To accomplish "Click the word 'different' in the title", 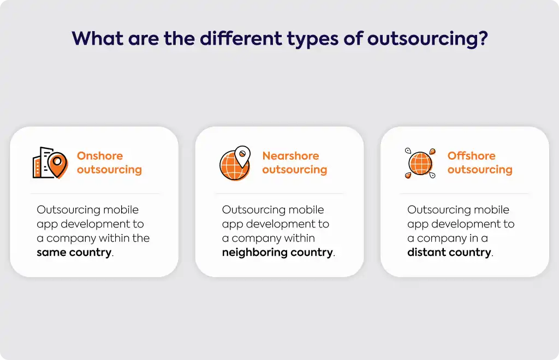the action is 241,38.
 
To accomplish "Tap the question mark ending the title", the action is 483,38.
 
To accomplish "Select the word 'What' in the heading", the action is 97,38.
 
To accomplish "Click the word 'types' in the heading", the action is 313,40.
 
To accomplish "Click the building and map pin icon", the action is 50,163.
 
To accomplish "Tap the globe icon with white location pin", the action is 235,163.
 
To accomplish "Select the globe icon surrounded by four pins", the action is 420,163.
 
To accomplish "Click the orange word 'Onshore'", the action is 100,155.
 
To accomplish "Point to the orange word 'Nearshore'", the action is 290,155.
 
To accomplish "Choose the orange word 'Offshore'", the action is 471,155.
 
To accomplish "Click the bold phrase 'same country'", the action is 74,252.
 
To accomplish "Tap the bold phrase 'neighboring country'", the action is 277,253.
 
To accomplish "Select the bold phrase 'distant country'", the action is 449,252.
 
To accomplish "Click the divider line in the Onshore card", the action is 94,193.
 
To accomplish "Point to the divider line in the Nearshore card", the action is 279,193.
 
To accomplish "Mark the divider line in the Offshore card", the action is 465,193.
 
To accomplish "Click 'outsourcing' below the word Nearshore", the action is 294,170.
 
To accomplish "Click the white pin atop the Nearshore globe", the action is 242,156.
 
